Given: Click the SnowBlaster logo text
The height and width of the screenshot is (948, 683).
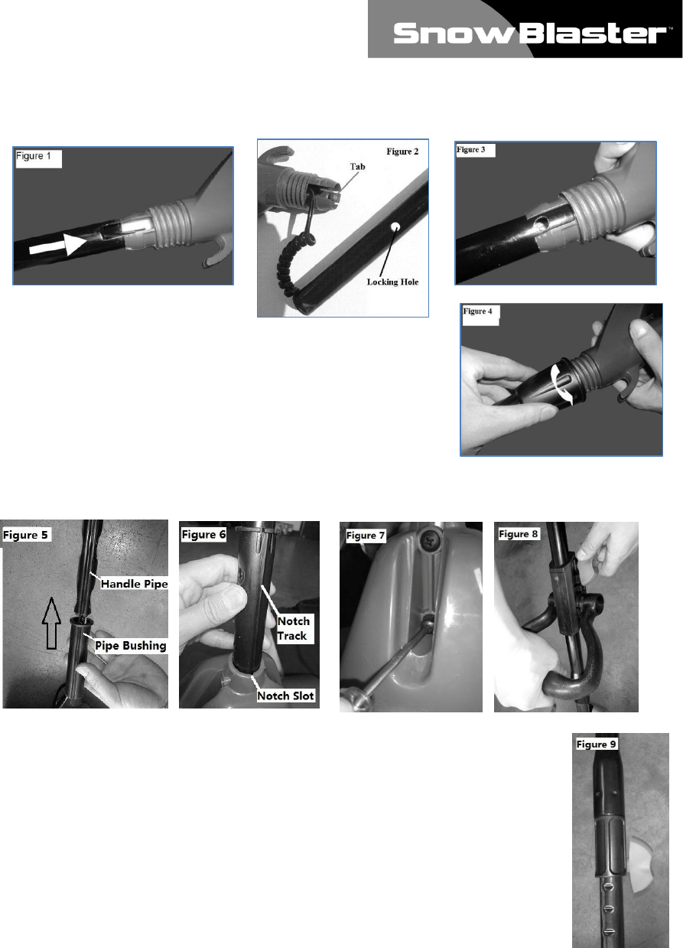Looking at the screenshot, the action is pyautogui.click(x=531, y=34).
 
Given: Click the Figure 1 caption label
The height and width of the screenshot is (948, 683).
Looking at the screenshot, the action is pyautogui.click(x=34, y=156).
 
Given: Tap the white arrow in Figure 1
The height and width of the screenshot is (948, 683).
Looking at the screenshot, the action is pyautogui.click(x=58, y=245).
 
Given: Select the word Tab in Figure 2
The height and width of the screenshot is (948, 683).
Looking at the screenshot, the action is pyautogui.click(x=358, y=167).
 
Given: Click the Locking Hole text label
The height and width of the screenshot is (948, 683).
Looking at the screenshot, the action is pyautogui.click(x=392, y=282).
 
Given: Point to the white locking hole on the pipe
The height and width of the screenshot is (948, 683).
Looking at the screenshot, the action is pyautogui.click(x=395, y=226).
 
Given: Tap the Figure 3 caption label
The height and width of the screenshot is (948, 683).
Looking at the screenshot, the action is pyautogui.click(x=470, y=149).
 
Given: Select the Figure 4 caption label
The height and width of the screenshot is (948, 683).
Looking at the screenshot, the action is pyautogui.click(x=477, y=311).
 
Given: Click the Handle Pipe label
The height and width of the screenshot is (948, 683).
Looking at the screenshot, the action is pyautogui.click(x=134, y=584).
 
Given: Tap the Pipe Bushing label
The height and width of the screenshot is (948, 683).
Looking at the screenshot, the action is pyautogui.click(x=130, y=646).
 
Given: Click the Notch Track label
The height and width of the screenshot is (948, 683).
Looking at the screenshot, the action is pyautogui.click(x=294, y=628).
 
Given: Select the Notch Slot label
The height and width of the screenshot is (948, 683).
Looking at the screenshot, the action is pyautogui.click(x=285, y=696).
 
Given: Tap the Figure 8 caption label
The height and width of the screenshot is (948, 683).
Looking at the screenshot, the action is pyautogui.click(x=518, y=534).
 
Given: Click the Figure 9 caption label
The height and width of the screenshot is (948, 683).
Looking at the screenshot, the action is pyautogui.click(x=597, y=744).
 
